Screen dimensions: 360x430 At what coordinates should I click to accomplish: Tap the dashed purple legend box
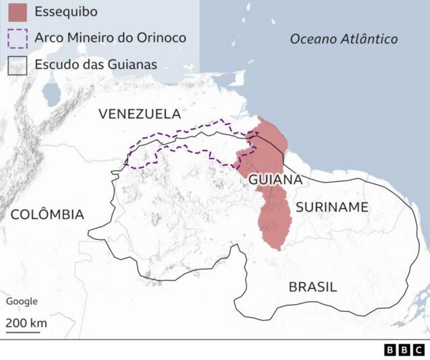[x=17, y=38]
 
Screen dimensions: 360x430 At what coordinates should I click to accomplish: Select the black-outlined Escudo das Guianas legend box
[x=17, y=65]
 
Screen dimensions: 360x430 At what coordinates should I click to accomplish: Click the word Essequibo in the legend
[x=65, y=12]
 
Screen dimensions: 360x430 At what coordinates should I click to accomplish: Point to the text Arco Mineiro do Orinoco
[x=110, y=38]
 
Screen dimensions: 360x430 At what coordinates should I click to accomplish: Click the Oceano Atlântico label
[x=343, y=39]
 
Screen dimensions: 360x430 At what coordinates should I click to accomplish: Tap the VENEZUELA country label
[x=140, y=114]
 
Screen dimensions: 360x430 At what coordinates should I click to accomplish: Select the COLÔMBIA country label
[x=47, y=215]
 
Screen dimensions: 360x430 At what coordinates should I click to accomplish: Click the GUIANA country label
[x=275, y=180]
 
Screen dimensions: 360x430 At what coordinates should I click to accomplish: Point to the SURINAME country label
[x=332, y=207]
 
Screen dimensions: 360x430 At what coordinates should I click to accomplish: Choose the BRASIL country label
[x=312, y=287]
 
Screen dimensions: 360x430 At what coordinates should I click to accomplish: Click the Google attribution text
[x=21, y=302]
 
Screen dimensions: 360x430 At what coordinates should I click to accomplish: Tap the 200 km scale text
[x=26, y=322]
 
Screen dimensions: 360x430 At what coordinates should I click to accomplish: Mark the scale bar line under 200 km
[x=26, y=332]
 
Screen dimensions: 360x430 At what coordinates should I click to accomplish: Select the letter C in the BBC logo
[x=417, y=350]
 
